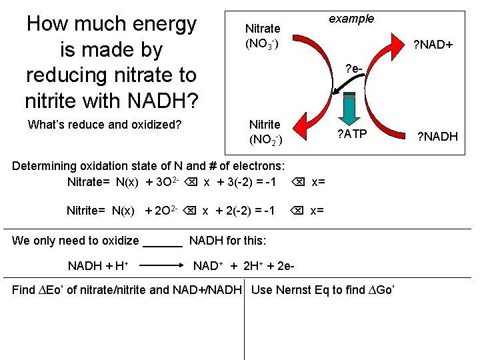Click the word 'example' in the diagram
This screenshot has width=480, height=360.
point(351,19)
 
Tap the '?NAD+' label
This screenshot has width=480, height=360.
point(433,45)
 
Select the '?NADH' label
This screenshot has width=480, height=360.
point(437,137)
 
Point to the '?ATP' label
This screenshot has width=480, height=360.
point(351,134)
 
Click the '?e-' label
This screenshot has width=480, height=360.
point(354,69)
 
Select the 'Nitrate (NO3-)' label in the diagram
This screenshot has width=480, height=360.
point(263,36)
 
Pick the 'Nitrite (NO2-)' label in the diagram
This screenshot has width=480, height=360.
point(265,132)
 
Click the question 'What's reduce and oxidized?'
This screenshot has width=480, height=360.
point(105,124)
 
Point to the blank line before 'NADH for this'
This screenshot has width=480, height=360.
point(163,241)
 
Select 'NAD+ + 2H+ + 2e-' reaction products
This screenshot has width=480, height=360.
point(244,266)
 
